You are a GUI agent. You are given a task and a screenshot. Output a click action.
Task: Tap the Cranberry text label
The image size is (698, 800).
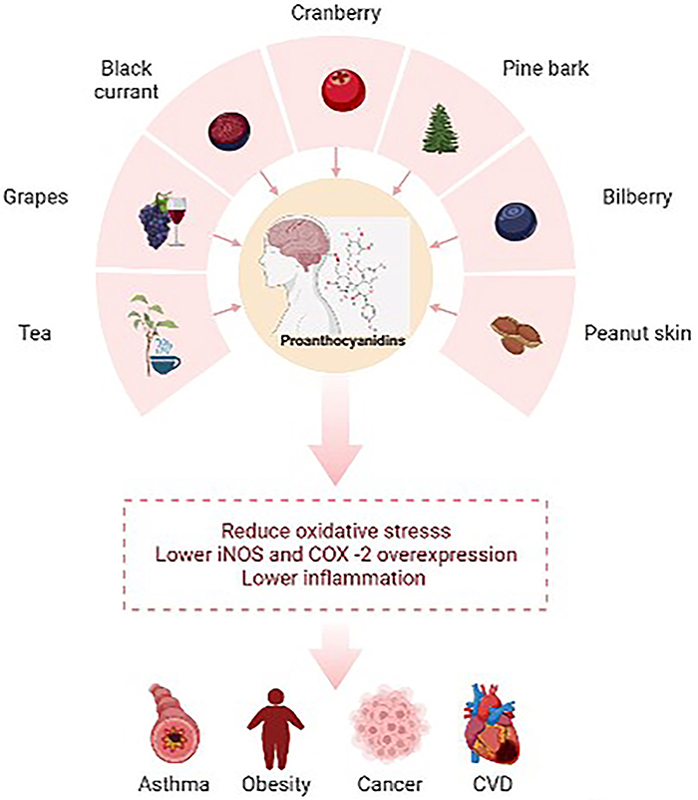click(348, 15)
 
